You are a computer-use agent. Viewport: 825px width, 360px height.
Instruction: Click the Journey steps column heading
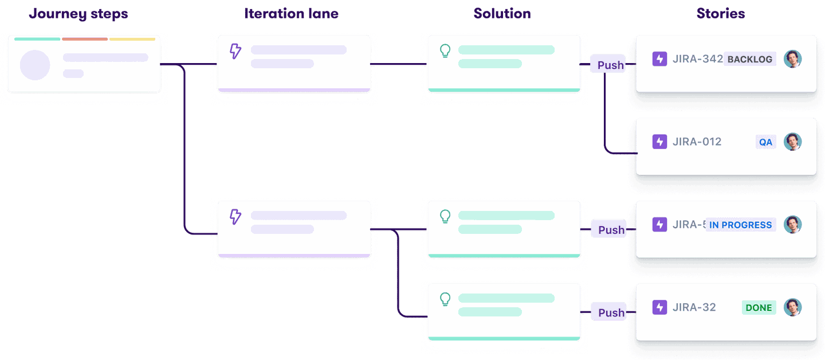tap(78, 14)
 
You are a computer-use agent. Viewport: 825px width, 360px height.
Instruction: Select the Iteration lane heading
tap(292, 14)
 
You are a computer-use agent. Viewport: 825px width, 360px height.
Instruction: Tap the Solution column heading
tap(502, 14)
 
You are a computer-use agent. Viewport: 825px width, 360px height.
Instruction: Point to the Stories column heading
tap(721, 14)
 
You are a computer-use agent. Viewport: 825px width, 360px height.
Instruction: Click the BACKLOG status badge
tap(750, 59)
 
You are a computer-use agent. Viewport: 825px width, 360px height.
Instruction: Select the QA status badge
tap(765, 142)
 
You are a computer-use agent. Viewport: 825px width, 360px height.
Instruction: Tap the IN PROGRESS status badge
tap(740, 225)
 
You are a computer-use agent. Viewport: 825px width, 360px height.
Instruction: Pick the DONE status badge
tap(759, 308)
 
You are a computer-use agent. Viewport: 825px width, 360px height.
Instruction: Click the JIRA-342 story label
tap(698, 59)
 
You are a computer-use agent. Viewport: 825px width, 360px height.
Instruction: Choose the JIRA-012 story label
tap(697, 142)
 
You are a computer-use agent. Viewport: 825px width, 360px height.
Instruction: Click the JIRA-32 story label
tap(694, 307)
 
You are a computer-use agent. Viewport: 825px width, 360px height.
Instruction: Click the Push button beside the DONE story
tap(611, 312)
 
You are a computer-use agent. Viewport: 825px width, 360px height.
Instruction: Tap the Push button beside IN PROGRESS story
tap(611, 229)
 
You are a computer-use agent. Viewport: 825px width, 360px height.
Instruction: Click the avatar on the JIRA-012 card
tap(792, 142)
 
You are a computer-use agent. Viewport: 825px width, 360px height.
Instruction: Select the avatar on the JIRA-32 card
tap(792, 307)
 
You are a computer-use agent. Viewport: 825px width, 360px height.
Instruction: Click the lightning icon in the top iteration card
tap(235, 51)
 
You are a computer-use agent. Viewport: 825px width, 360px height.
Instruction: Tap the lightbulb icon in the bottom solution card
tap(445, 299)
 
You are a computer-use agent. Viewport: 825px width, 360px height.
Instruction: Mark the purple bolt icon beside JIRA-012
tap(659, 142)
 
